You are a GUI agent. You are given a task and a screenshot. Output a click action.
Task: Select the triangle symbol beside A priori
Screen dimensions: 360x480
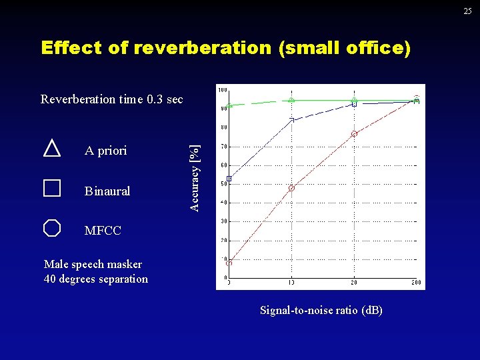point(52,148)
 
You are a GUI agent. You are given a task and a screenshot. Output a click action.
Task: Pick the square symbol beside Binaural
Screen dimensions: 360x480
point(52,188)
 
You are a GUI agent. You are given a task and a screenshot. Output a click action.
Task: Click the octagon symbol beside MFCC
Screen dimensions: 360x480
point(52,228)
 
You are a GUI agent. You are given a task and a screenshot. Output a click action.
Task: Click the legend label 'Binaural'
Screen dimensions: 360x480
point(107,191)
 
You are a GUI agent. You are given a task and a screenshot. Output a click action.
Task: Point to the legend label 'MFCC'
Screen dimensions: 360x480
point(103,231)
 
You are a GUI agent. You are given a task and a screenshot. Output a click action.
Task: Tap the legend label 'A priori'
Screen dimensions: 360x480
point(105,151)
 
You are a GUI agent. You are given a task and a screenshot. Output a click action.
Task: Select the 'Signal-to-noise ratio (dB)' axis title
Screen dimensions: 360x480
point(321,311)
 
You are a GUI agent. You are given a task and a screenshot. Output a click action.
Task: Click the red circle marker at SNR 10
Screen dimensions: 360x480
point(291,189)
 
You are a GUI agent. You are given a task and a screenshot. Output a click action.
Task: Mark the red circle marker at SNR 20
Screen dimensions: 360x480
point(355,134)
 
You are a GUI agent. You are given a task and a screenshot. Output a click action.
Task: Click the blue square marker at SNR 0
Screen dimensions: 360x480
point(229,179)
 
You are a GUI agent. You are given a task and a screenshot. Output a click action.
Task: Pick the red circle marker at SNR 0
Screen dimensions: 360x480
point(229,263)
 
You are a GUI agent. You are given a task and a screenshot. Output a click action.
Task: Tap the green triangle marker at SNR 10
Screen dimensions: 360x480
point(291,100)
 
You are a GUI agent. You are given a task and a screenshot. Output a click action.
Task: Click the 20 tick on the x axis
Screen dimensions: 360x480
point(354,283)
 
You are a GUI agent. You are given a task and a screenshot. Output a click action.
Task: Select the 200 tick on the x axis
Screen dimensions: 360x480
point(417,283)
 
